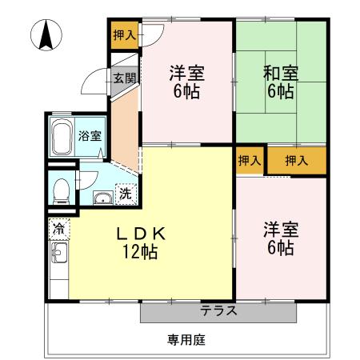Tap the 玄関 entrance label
click(x=123, y=78)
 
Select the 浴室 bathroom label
click(x=90, y=135)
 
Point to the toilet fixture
click(x=61, y=188)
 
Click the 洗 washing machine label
click(x=126, y=193)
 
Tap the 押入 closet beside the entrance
click(x=124, y=36)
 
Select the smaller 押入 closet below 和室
click(x=250, y=161)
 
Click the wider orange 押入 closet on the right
click(x=297, y=161)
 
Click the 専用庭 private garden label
click(x=186, y=340)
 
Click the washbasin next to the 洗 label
click(x=102, y=198)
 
